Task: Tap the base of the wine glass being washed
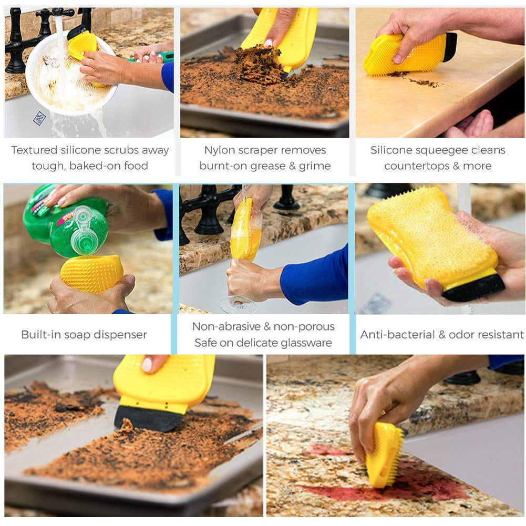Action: click(238, 304)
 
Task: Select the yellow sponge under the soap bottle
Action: click(92, 273)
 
